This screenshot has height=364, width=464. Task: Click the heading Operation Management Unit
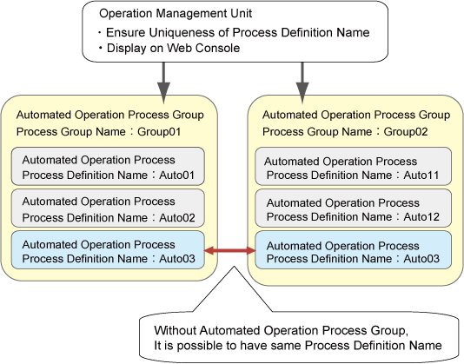176,13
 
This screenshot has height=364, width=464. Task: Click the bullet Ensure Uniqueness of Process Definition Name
234,32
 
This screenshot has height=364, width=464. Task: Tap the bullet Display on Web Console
169,48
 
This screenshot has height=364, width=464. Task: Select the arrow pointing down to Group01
163,83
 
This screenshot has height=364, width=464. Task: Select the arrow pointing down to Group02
302,83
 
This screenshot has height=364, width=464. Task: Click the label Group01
159,131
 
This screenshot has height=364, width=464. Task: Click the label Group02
406,131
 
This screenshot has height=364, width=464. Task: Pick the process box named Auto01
108,166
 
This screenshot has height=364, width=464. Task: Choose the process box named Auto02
108,208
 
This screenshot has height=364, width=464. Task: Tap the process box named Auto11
354,166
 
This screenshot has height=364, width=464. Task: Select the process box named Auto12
354,208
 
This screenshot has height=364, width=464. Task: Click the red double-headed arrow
230,251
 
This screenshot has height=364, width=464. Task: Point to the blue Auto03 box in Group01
108,250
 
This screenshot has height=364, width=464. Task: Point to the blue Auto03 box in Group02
354,250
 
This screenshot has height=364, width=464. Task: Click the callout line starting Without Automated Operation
282,330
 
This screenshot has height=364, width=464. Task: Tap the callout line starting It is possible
298,346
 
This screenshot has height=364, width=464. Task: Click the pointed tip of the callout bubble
235,266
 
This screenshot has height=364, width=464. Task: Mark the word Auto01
177,175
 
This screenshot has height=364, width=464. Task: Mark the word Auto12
421,217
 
